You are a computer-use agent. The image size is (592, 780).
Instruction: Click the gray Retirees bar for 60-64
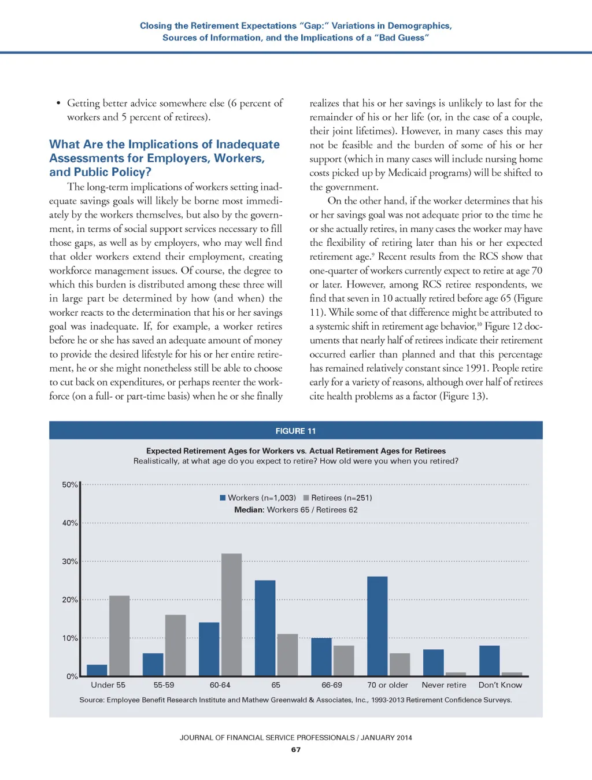click(x=231, y=615)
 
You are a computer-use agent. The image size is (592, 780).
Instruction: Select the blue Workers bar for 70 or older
click(x=377, y=626)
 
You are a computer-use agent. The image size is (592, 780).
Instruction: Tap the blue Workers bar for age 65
click(x=265, y=628)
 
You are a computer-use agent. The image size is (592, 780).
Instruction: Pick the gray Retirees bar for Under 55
click(x=119, y=635)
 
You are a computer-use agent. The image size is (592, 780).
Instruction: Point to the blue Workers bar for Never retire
click(x=433, y=663)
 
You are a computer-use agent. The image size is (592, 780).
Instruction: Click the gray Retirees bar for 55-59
click(x=175, y=645)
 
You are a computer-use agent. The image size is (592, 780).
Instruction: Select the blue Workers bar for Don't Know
click(x=489, y=661)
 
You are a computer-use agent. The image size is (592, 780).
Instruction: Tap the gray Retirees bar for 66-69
click(x=343, y=661)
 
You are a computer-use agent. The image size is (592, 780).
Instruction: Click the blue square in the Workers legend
click(x=223, y=498)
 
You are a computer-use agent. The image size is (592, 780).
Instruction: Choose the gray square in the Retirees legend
click(x=306, y=498)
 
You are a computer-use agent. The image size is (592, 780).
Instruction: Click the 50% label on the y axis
click(x=69, y=485)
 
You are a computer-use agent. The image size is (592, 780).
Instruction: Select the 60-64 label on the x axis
click(x=220, y=685)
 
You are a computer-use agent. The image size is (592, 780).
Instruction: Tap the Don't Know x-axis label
click(x=500, y=685)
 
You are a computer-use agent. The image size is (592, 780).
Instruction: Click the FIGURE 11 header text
click(x=295, y=431)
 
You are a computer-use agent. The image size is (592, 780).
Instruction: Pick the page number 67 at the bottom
click(x=296, y=749)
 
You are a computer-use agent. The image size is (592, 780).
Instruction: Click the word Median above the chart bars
click(x=249, y=510)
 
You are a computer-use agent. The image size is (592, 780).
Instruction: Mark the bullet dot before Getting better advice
click(x=58, y=103)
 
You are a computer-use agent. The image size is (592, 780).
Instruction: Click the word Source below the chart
click(x=91, y=700)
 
